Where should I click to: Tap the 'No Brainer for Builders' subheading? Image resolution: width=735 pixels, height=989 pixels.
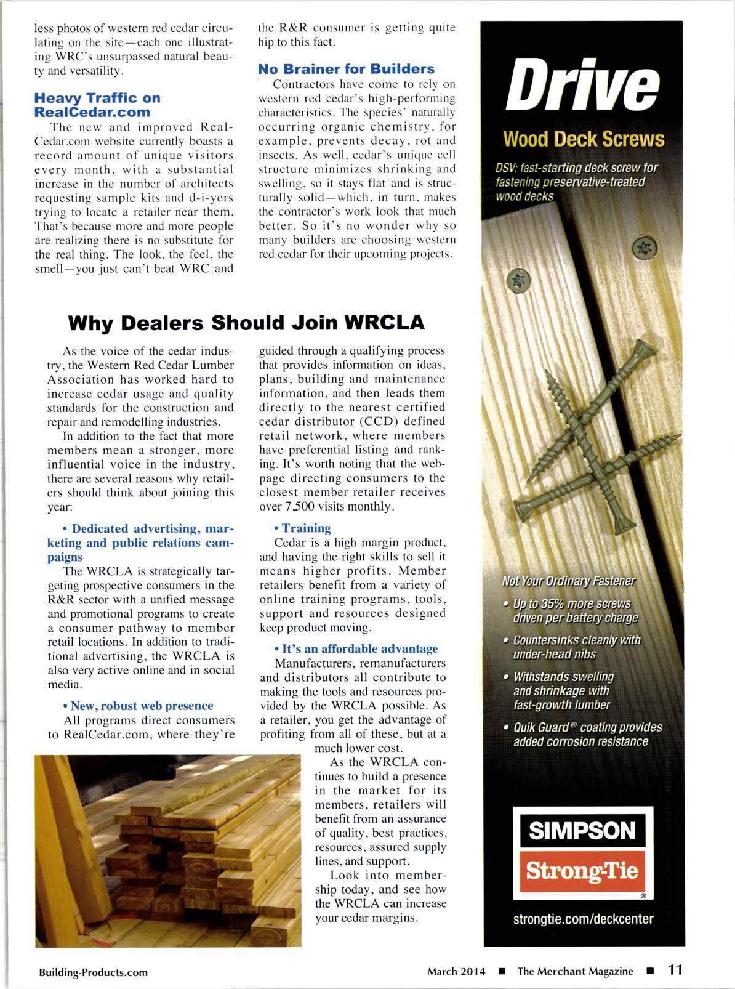(x=346, y=68)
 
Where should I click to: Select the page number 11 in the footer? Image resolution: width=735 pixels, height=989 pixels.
(x=675, y=970)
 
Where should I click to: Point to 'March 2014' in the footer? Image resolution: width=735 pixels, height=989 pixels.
(x=456, y=972)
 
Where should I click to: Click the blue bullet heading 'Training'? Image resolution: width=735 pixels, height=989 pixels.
(x=306, y=528)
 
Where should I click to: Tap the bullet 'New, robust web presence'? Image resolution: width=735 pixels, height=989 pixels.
(x=142, y=706)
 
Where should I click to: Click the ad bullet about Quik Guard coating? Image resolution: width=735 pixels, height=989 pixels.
(x=587, y=734)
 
